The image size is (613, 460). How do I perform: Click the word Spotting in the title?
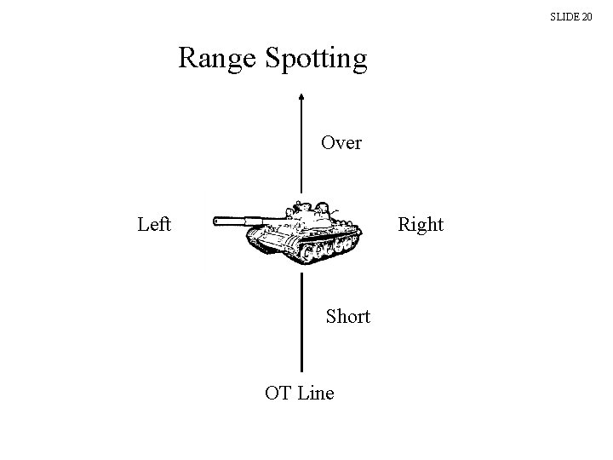tap(316, 59)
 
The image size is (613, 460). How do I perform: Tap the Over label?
tap(341, 142)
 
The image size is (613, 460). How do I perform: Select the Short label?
tap(348, 317)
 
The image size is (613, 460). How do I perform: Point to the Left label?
tap(154, 224)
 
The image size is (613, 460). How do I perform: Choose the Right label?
tap(421, 224)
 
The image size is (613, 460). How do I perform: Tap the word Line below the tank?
tap(316, 393)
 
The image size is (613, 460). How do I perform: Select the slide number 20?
tap(586, 16)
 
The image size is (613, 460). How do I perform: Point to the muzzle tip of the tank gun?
tap(215, 221)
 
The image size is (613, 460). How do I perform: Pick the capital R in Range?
tap(188, 59)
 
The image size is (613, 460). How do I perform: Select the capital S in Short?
tap(331, 317)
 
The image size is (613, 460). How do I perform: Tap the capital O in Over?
tap(328, 142)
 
